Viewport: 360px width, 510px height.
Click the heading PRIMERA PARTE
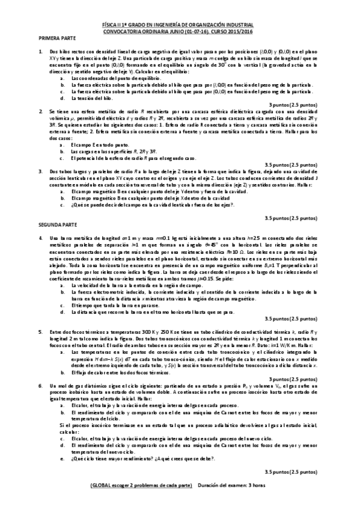[53, 38]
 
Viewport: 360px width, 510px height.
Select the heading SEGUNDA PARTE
[54, 223]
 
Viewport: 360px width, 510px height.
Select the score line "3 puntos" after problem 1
[292, 105]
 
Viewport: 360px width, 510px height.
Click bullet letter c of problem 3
[63, 205]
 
